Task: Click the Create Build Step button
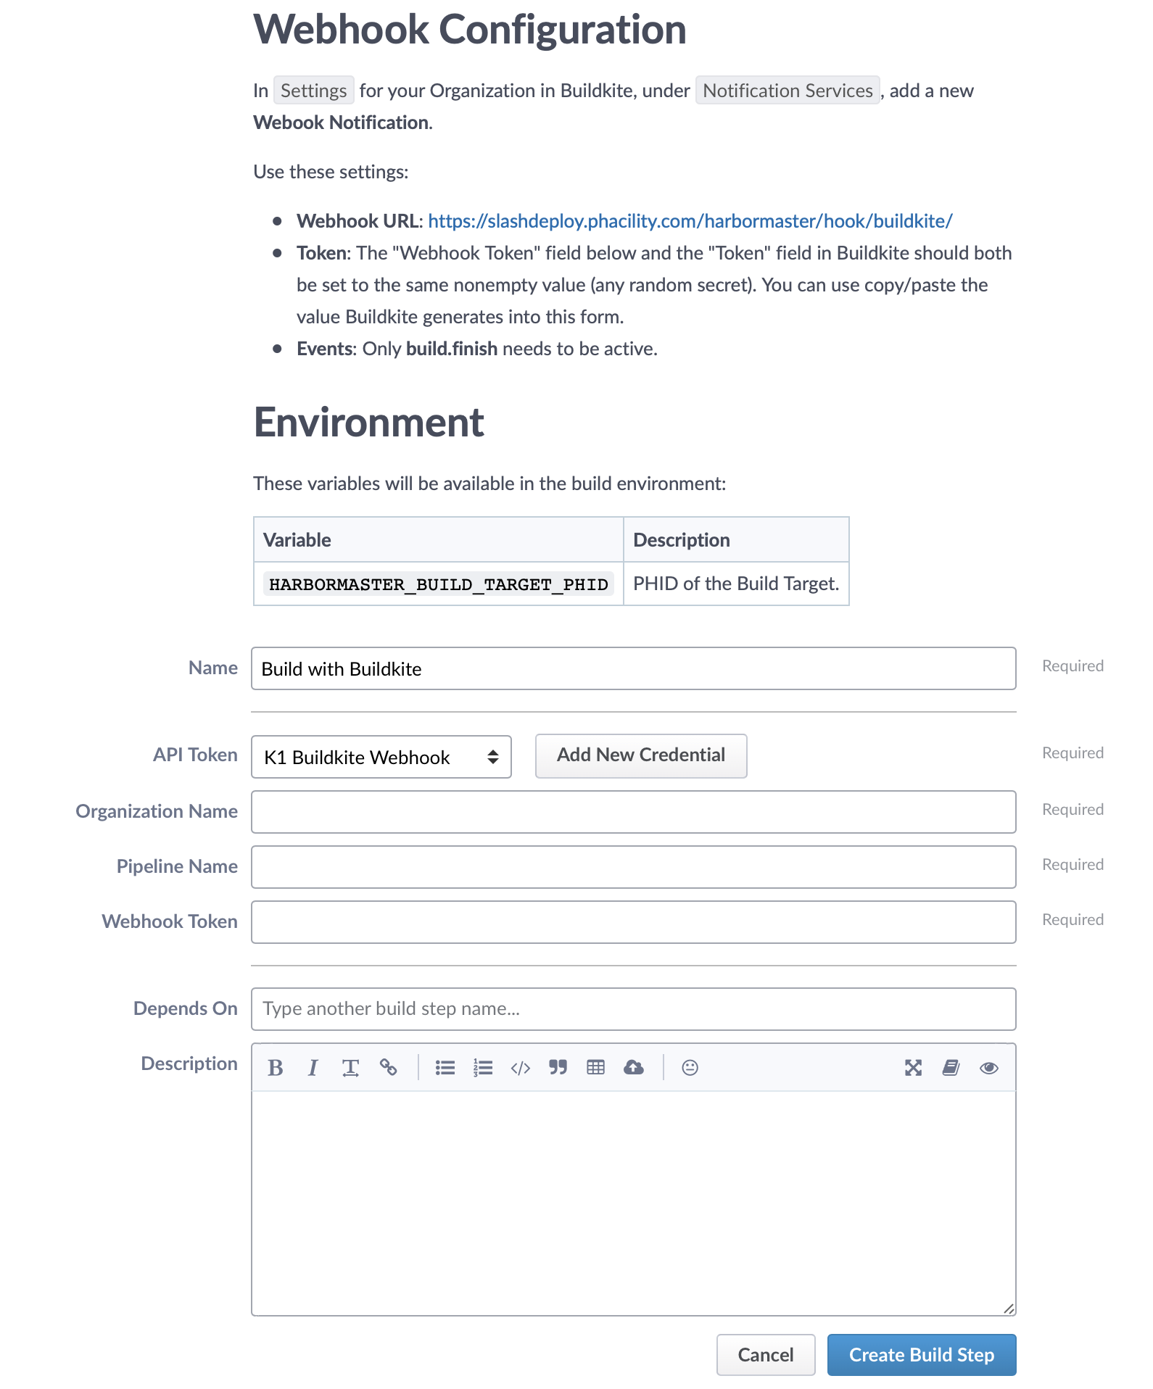click(921, 1354)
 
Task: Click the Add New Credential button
click(640, 755)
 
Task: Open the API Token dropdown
click(381, 757)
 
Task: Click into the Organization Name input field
click(632, 812)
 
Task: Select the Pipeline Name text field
click(632, 867)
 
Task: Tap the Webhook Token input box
click(632, 922)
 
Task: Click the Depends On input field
click(632, 1009)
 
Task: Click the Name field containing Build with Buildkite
click(632, 668)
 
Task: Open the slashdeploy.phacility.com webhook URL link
click(690, 221)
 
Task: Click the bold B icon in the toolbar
click(276, 1068)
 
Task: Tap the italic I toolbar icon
click(313, 1068)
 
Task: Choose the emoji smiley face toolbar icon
click(690, 1068)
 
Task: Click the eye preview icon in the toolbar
click(988, 1068)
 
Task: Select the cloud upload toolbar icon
click(634, 1068)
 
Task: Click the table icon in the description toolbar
click(596, 1068)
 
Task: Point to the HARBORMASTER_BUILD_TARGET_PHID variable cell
click(438, 584)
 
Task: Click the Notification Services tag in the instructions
click(788, 91)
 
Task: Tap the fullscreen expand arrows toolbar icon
click(913, 1068)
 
